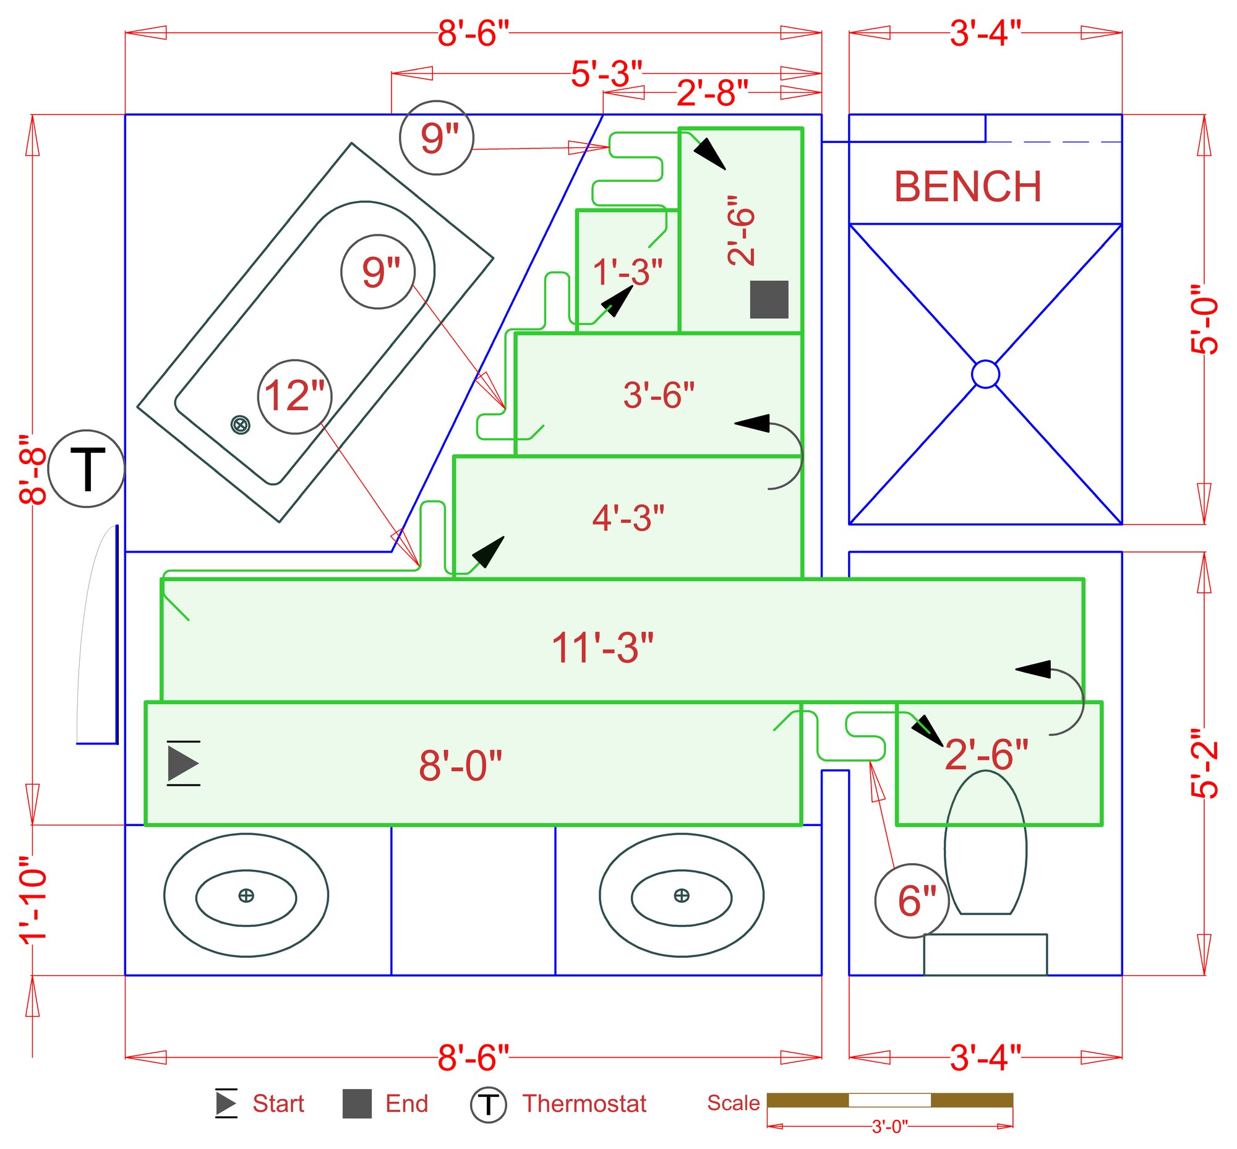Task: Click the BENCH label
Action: point(967,186)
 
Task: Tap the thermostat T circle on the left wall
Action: point(87,468)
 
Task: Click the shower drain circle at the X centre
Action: point(985,374)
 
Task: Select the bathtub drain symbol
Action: point(240,425)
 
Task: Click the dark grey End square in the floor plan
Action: point(769,299)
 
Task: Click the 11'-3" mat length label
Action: point(602,648)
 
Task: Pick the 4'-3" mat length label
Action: point(628,518)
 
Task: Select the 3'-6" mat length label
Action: point(658,395)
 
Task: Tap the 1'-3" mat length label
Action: point(627,272)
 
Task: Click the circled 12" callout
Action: point(294,396)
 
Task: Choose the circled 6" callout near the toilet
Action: point(912,900)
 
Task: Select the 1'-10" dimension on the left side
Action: point(33,900)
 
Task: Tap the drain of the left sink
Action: point(246,895)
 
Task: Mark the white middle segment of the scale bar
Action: point(889,1100)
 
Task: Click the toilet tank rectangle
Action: point(985,954)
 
